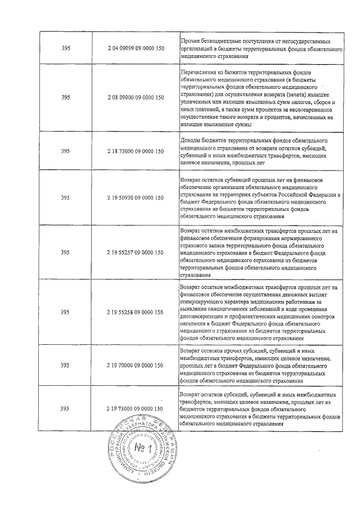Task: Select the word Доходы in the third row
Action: click(190, 139)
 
